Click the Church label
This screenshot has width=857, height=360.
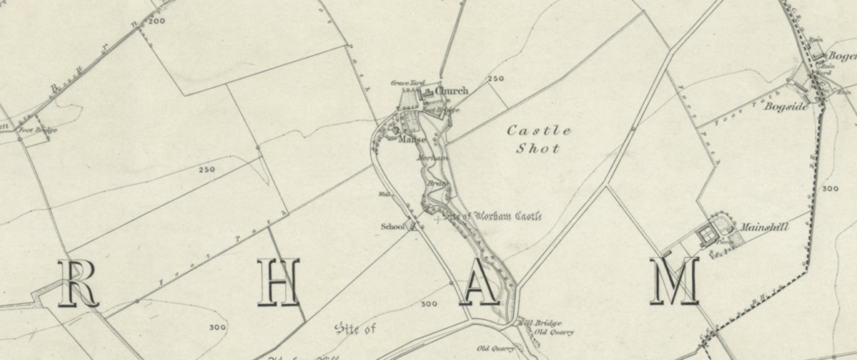(x=452, y=91)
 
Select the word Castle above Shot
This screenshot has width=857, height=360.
(x=540, y=131)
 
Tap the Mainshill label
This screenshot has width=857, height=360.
(x=760, y=227)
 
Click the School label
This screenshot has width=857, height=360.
(x=392, y=226)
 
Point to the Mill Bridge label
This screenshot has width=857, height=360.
(x=542, y=323)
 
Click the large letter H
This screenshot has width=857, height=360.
(x=278, y=282)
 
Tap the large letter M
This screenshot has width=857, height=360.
(x=675, y=282)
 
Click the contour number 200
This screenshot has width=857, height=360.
(x=156, y=20)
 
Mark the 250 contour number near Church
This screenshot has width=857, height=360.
(x=496, y=79)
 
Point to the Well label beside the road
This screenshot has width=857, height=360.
(x=385, y=198)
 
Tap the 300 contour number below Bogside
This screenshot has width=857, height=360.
(x=829, y=189)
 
